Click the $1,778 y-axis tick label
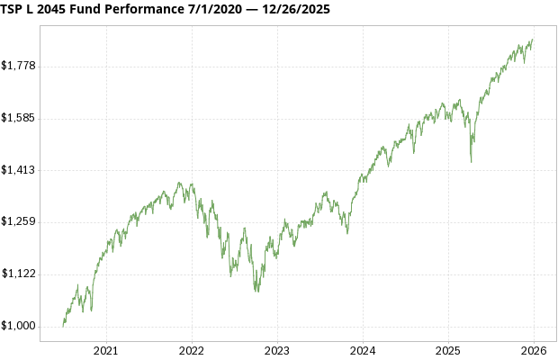(19, 66)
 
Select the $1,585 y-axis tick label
(19, 118)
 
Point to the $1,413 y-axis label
(19, 170)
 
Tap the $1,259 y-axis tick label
(19, 221)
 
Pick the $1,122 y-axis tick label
(19, 274)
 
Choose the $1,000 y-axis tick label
(19, 326)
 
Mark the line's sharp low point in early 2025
(472, 162)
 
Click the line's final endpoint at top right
(533, 39)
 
